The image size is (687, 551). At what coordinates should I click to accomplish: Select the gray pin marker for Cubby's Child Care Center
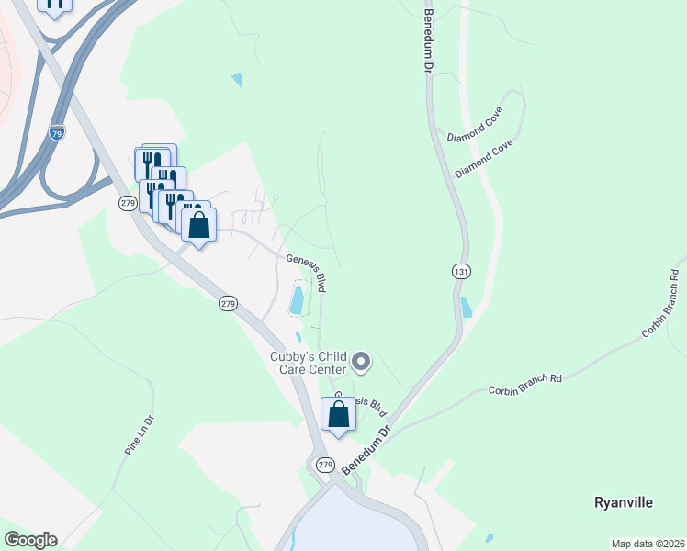361,362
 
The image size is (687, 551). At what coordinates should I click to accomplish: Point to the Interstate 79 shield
57,132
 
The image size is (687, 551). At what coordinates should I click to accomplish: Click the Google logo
30,540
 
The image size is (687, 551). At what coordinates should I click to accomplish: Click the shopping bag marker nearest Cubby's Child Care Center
338,415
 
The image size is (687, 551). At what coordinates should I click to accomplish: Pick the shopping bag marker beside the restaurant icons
198,224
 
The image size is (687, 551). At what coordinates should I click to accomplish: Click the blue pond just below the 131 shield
467,308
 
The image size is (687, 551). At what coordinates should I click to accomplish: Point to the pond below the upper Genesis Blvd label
298,299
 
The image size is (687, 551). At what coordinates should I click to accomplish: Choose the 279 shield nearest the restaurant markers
128,202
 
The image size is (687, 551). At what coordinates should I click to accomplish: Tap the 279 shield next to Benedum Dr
325,466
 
